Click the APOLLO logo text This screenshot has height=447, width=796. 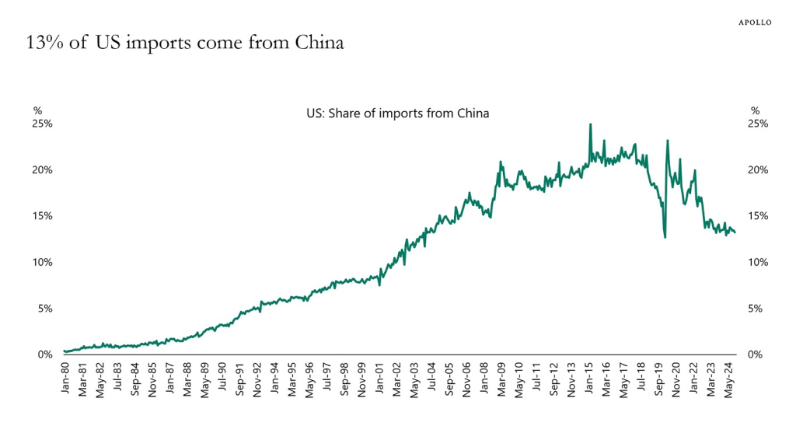(754, 23)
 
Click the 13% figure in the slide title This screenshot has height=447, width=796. (41, 43)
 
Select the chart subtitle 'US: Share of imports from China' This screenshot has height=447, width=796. (398, 113)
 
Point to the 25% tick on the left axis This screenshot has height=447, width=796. (43, 124)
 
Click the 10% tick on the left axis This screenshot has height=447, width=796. (43, 262)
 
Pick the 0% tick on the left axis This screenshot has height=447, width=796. (45, 354)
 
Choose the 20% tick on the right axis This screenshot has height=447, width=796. (758, 169)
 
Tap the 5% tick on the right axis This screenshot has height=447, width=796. (761, 309)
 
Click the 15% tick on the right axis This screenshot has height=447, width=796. (758, 216)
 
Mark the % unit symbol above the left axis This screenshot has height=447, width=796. (37, 111)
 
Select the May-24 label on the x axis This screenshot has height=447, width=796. (731, 380)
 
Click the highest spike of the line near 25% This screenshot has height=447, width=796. (591, 124)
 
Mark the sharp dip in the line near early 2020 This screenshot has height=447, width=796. (665, 236)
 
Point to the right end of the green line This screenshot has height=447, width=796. (735, 232)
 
